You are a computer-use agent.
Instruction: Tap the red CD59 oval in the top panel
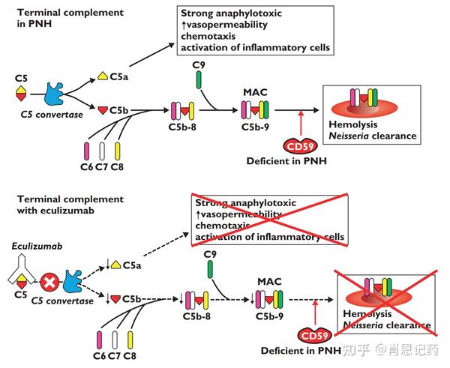(299, 148)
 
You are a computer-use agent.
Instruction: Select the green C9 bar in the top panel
(199, 78)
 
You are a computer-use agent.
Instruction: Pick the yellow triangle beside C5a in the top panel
(103, 76)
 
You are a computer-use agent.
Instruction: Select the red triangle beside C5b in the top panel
(103, 111)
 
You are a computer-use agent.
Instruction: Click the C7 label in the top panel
(102, 166)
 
